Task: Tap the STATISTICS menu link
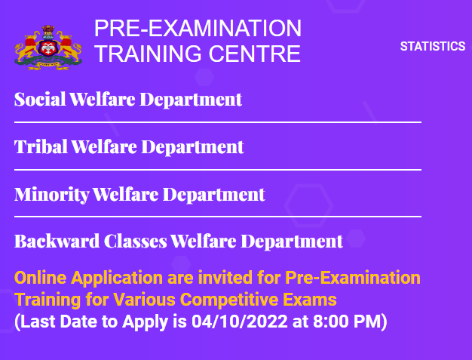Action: coord(432,47)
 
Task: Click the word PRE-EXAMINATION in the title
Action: coord(198,29)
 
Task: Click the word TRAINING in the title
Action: coord(143,54)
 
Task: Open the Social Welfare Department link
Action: coord(128,99)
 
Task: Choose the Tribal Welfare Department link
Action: coord(129,146)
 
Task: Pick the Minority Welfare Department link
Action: coord(139,194)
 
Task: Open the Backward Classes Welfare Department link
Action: coord(179,242)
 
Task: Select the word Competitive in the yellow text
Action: coord(244,300)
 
